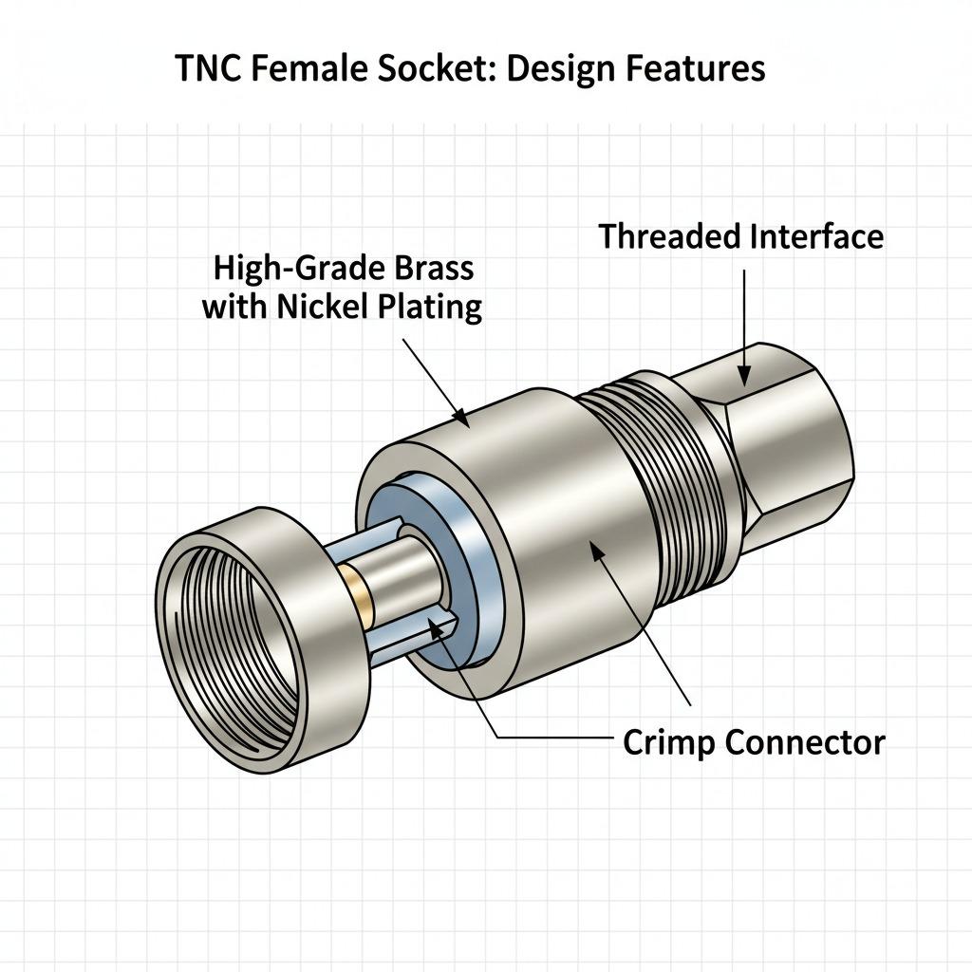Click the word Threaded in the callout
click(x=669, y=236)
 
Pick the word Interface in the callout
click(x=813, y=236)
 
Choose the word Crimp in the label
click(x=668, y=741)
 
